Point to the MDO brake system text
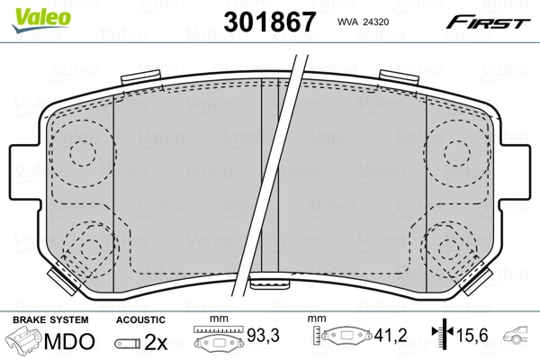[69, 342]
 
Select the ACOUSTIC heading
[140, 319]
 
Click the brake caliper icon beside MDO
[24, 341]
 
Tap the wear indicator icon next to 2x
[130, 343]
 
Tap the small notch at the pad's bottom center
[269, 287]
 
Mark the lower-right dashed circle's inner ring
[446, 248]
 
